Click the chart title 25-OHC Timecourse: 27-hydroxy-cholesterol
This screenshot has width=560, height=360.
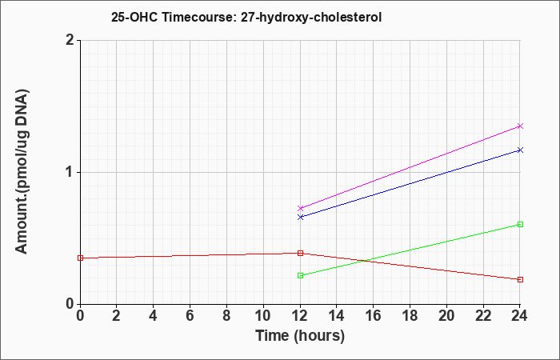click(x=246, y=17)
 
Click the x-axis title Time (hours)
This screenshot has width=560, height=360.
click(x=300, y=336)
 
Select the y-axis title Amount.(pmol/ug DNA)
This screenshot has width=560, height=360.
click(x=22, y=172)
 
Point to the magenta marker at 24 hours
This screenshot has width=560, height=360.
click(x=520, y=126)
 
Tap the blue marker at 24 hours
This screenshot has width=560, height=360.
click(x=520, y=150)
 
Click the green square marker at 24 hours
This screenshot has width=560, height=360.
click(x=520, y=224)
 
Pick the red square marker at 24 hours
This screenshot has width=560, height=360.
click(x=520, y=280)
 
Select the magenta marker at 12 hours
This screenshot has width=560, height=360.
click(x=300, y=208)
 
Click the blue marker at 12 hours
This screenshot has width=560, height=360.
click(x=300, y=217)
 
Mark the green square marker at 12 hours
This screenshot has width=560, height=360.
click(x=300, y=275)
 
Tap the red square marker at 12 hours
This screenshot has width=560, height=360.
click(x=300, y=254)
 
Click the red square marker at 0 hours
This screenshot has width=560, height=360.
click(x=80, y=258)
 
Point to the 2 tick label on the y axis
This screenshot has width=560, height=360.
click(x=70, y=40)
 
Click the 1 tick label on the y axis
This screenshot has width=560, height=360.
click(x=70, y=173)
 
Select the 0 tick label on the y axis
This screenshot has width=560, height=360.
click(x=70, y=304)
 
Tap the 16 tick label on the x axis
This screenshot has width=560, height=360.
click(x=374, y=316)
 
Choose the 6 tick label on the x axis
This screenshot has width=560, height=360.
click(x=190, y=316)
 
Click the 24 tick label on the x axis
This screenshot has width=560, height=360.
click(x=520, y=316)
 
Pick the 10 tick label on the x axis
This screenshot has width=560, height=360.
click(x=263, y=316)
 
